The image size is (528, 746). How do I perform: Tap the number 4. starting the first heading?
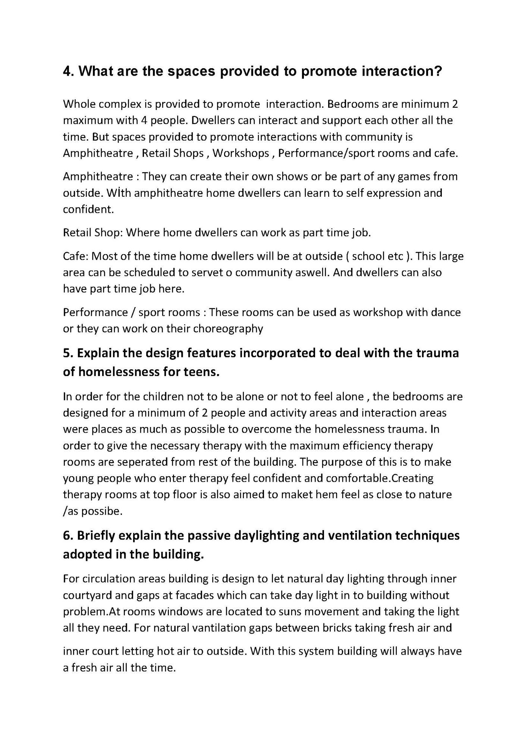click(x=69, y=71)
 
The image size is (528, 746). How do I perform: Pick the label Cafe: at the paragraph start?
click(x=75, y=256)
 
